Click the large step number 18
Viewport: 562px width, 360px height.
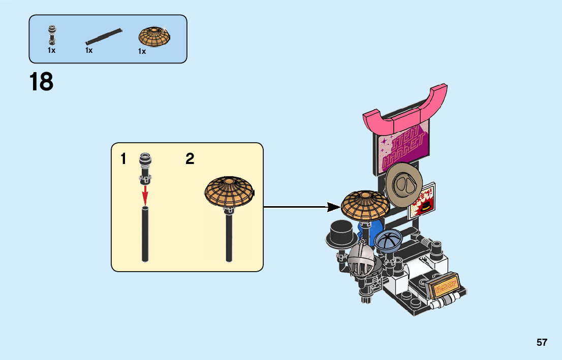coord(41,82)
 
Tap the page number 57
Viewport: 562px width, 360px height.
coord(542,342)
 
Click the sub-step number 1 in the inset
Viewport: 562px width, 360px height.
coord(123,159)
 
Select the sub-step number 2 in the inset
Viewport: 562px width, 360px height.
coord(190,159)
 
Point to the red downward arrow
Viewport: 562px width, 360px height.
coord(145,194)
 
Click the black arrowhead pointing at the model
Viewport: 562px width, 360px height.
coord(333,207)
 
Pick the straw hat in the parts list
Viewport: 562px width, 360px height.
coord(154,37)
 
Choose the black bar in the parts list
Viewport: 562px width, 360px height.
coord(104,36)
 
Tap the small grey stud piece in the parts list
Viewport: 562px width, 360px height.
coord(51,35)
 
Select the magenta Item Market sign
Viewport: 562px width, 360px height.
coord(402,147)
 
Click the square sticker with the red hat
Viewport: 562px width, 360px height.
coord(423,200)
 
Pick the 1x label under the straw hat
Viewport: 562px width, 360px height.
coord(142,51)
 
